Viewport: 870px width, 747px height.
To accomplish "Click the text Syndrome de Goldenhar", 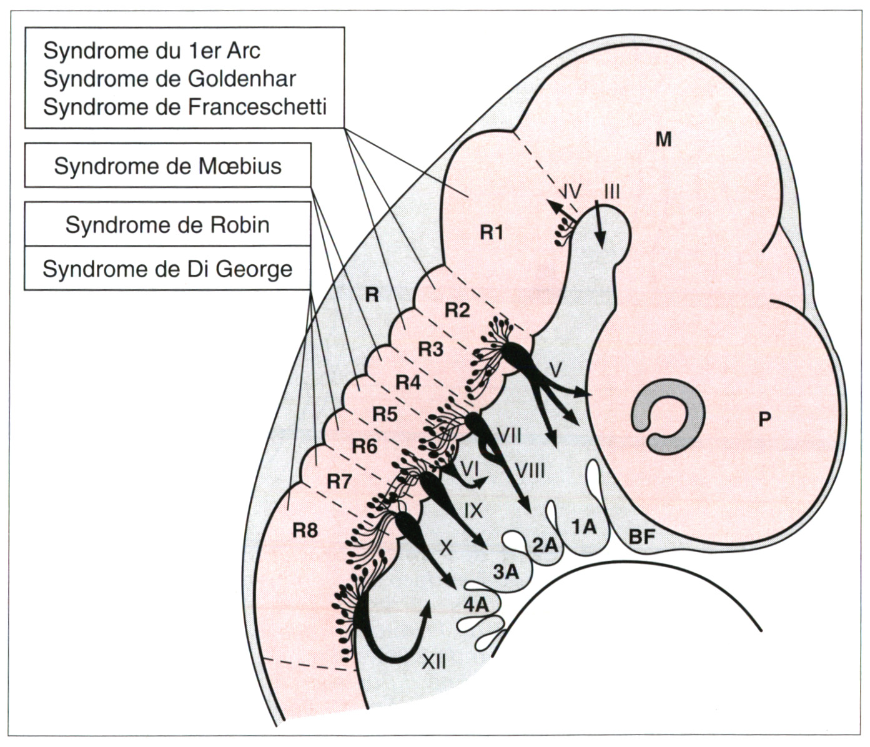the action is [170, 79].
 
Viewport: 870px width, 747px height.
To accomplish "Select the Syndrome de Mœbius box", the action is [167, 165].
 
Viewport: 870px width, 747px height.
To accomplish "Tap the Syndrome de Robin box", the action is [167, 224].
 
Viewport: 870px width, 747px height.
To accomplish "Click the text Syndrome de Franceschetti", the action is [185, 107].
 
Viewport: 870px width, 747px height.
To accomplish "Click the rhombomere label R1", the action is [492, 233].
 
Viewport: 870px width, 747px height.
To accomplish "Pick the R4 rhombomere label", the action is [408, 383].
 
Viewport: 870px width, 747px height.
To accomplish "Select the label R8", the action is [305, 531].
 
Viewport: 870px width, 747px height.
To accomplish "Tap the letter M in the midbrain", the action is [664, 139].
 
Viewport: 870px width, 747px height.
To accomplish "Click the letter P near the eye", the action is [764, 419].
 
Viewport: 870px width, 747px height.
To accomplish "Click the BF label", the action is [642, 537].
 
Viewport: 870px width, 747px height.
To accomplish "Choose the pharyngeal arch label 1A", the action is [584, 527].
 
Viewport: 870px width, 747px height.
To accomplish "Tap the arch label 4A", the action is [476, 605].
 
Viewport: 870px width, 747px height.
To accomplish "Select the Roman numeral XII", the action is [434, 663].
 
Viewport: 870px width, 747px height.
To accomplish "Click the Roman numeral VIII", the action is [530, 471].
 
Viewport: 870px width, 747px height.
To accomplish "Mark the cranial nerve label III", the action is [611, 192].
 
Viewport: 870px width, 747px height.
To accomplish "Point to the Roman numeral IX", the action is [473, 511].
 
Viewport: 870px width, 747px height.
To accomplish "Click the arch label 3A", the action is [505, 572].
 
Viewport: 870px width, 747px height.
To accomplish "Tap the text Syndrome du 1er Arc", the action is [152, 51].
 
